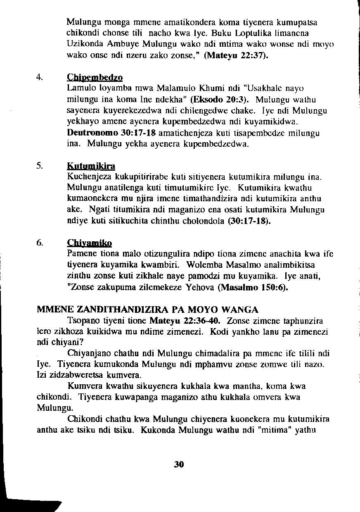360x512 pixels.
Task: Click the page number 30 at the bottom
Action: tap(178, 464)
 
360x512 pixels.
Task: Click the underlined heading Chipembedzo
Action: tap(95, 78)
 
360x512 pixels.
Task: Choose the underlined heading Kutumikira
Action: tap(91, 167)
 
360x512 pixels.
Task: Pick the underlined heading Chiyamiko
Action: tap(90, 243)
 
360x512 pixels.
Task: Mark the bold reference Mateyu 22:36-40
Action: tap(185, 321)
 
